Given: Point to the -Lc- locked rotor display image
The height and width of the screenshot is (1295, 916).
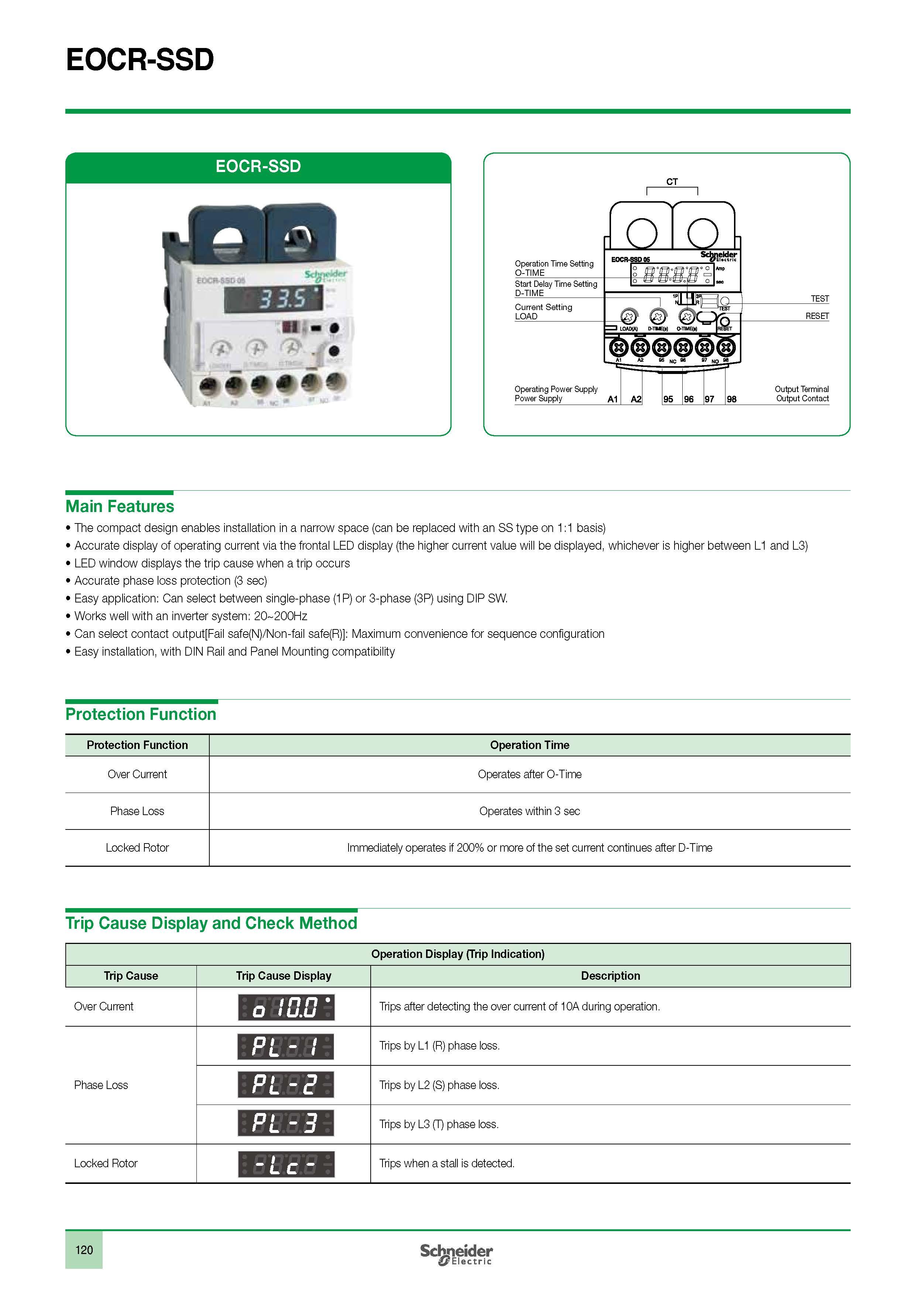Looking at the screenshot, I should tap(286, 1164).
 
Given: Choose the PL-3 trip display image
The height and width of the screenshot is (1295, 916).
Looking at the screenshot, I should tap(286, 1124).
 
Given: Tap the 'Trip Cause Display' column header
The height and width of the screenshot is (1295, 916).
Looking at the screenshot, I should tap(283, 976).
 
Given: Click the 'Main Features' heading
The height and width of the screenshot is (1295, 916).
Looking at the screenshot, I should tap(120, 506).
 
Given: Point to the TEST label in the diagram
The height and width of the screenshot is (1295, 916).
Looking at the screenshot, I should tap(820, 299).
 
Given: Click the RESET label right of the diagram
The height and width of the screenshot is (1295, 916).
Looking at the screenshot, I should tap(817, 316).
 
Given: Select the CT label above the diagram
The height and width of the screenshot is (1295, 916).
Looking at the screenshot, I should tap(672, 182).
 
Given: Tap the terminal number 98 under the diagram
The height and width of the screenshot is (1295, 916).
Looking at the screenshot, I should tap(731, 399).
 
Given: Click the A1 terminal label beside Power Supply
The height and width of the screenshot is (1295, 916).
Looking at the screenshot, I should tap(613, 399).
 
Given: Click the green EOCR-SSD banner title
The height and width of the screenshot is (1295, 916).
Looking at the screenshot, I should tap(258, 166).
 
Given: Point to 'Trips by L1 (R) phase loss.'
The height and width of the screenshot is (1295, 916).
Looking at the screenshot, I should tap(439, 1046).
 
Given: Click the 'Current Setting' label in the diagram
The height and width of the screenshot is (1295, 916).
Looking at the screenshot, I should tap(543, 308).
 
